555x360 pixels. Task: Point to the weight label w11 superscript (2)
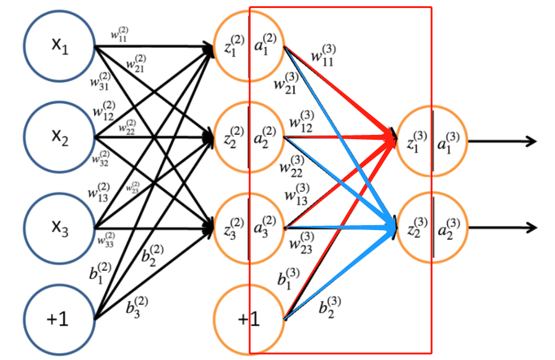click(x=120, y=35)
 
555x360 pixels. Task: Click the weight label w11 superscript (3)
click(x=324, y=58)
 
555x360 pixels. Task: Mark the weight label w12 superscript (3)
click(x=301, y=121)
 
